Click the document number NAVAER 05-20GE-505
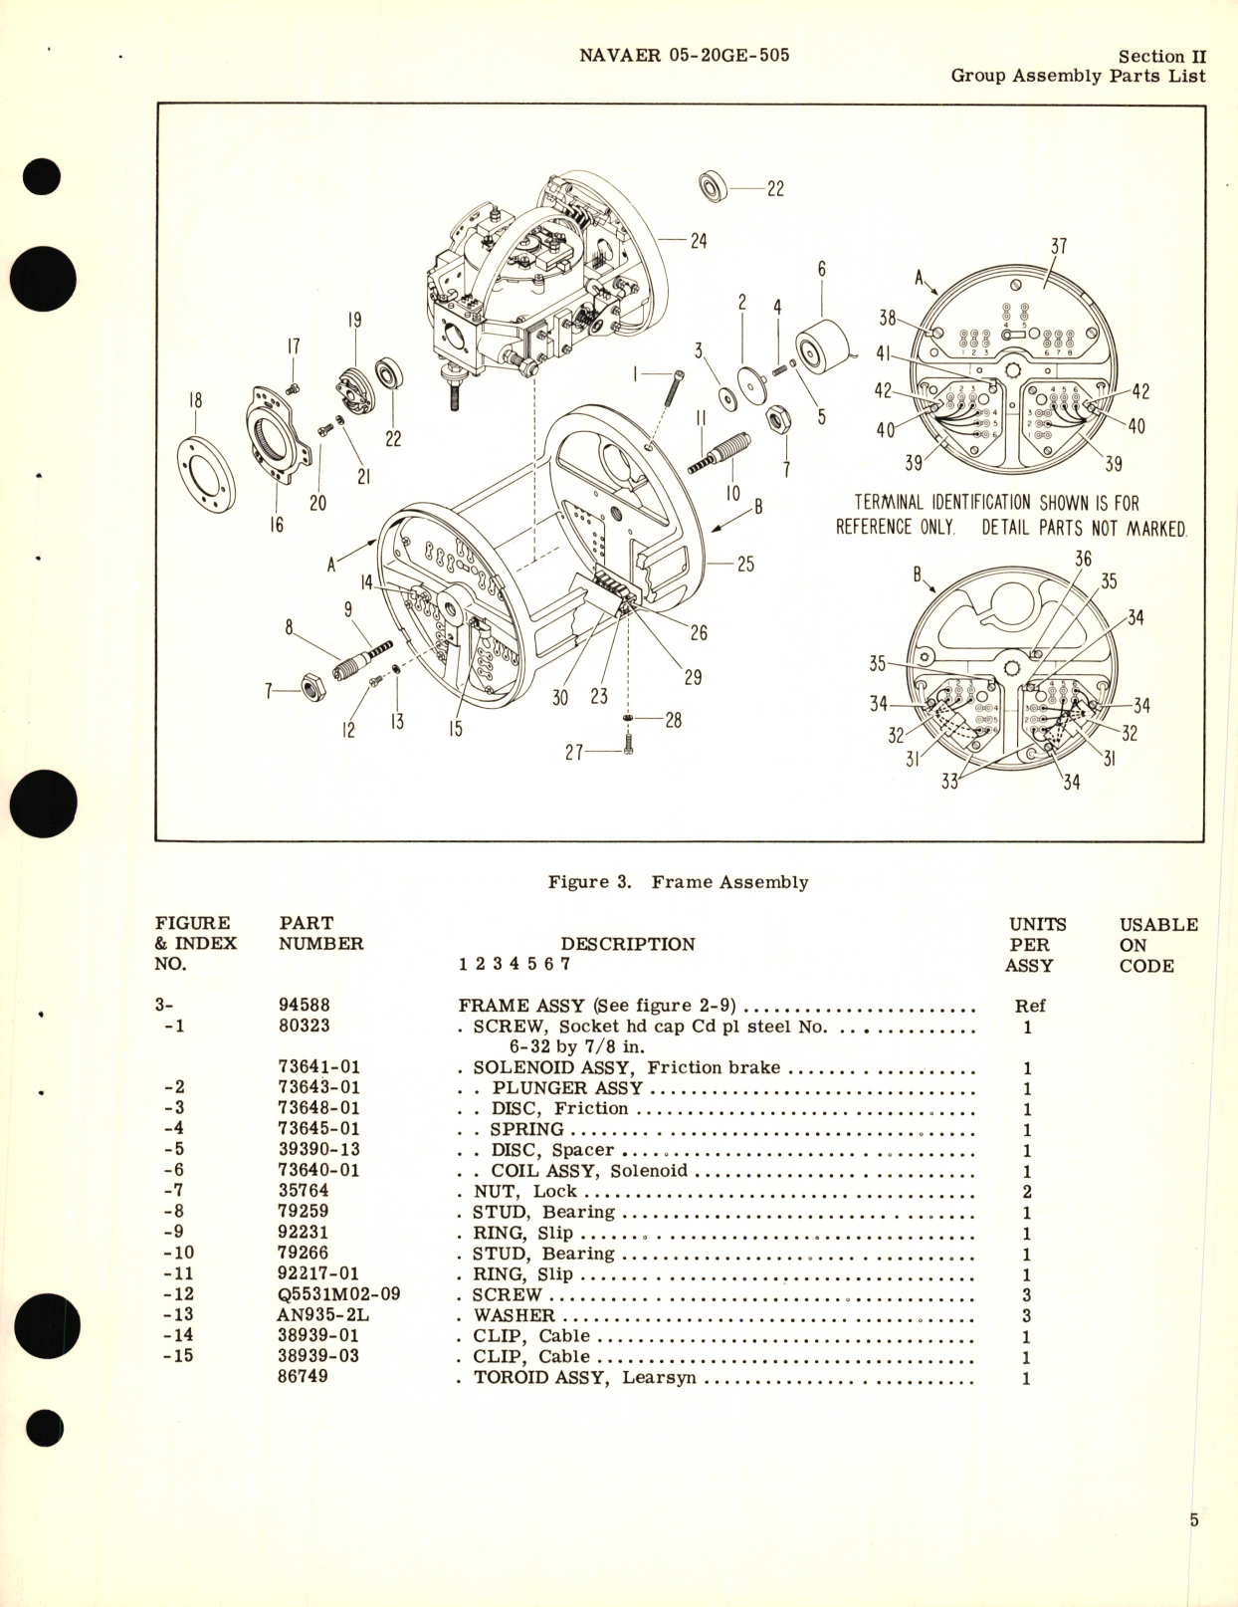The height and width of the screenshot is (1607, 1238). (684, 56)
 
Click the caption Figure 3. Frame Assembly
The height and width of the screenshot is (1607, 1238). (678, 882)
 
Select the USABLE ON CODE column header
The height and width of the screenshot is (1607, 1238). (1157, 944)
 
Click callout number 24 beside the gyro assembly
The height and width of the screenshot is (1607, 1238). (699, 241)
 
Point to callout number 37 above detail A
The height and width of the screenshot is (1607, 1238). (1059, 246)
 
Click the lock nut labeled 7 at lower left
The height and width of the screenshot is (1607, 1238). (315, 686)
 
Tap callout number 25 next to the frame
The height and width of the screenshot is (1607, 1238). (745, 565)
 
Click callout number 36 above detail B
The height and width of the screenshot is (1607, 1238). (1083, 561)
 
